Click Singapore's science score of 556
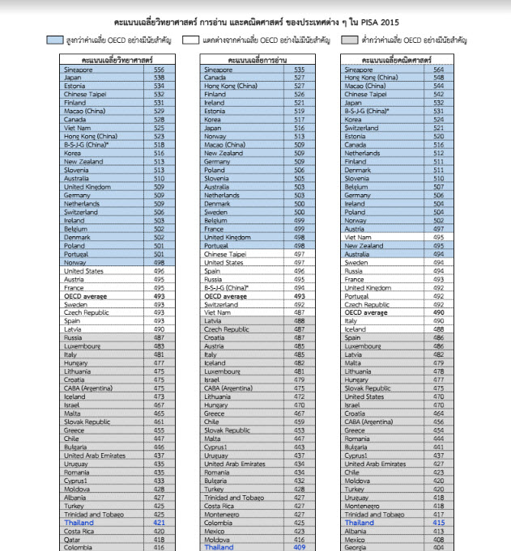[159, 70]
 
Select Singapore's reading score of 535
[299, 70]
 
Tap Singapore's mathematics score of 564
[439, 70]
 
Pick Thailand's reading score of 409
[299, 547]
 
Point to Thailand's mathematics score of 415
[439, 523]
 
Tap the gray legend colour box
[351, 39]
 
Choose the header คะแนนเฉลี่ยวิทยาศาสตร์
[113, 60]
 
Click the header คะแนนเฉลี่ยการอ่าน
[253, 60]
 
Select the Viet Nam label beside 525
[78, 128]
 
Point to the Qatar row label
[73, 539]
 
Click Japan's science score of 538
[159, 78]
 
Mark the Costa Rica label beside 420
[222, 506]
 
